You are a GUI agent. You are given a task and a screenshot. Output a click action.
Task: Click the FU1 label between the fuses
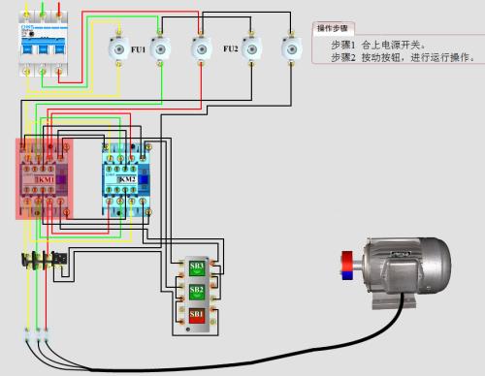[x=138, y=47]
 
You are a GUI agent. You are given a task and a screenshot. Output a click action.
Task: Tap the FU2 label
[x=231, y=47]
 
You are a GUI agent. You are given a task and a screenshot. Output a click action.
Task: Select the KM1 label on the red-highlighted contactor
[x=46, y=180]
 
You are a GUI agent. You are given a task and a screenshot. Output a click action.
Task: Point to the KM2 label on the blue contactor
[x=127, y=180]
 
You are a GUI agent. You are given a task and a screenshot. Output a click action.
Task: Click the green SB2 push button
[x=196, y=290]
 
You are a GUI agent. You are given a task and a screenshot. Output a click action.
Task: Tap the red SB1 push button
[x=196, y=315]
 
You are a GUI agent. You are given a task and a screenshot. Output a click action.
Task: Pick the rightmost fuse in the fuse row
[x=287, y=46]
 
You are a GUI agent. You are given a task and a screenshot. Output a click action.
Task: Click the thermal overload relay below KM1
[x=45, y=259]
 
